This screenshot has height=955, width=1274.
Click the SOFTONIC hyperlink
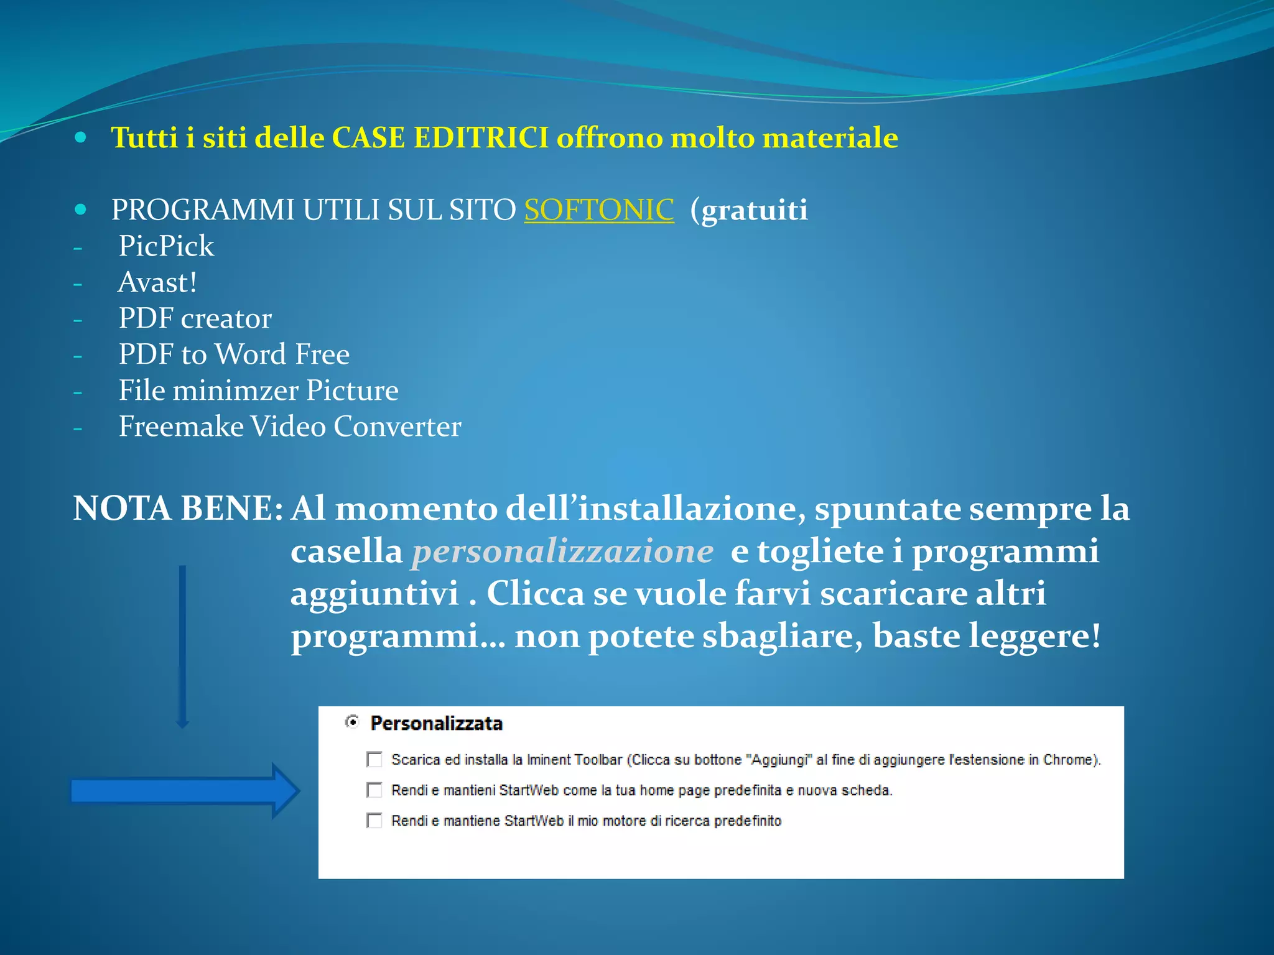point(598,210)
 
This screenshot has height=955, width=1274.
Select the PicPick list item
point(166,246)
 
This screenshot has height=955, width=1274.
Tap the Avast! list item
point(158,282)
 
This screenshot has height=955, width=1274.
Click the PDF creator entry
point(195,318)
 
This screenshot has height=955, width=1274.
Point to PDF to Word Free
point(234,354)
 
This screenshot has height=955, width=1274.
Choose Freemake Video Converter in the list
point(290,427)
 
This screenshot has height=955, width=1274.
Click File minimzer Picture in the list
point(258,390)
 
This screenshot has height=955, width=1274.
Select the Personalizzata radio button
point(352,722)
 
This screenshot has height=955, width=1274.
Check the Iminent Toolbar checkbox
point(374,759)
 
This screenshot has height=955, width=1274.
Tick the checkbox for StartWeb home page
point(374,790)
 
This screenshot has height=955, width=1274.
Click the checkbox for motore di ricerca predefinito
point(374,820)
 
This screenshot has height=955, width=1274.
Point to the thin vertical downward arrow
point(182,647)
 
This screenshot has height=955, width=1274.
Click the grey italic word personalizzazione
point(562,551)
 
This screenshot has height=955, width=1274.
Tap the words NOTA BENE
point(178,509)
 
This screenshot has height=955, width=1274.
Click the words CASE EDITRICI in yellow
point(440,137)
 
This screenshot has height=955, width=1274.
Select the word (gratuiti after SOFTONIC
point(749,210)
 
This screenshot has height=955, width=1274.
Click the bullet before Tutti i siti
point(80,137)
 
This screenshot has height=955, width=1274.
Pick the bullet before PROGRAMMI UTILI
point(80,210)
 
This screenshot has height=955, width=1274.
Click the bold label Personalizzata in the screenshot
point(436,723)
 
